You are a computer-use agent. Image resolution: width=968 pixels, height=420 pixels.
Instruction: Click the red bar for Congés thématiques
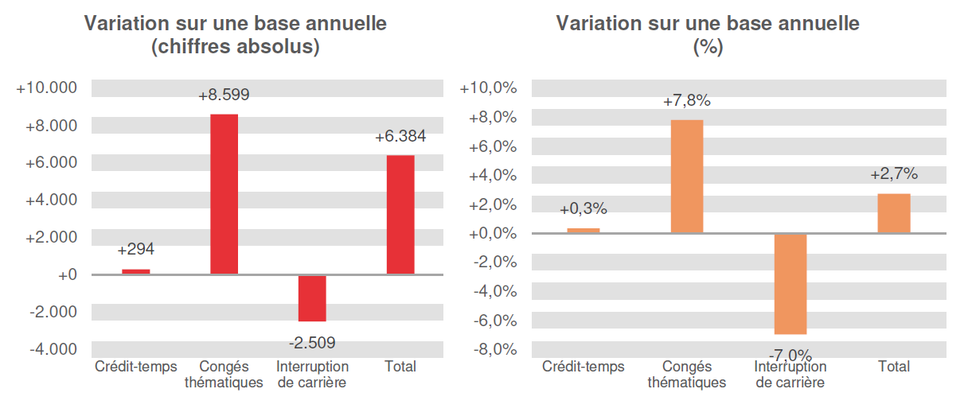[224, 194]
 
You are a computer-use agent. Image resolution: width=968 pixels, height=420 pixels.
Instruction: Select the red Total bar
[400, 214]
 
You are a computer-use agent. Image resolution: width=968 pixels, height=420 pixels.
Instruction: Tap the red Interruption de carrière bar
[312, 298]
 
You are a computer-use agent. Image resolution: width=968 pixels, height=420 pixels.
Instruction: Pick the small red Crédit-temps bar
[135, 271]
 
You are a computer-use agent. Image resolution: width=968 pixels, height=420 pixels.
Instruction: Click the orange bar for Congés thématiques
[687, 176]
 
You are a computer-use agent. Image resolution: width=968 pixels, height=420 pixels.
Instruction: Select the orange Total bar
[894, 213]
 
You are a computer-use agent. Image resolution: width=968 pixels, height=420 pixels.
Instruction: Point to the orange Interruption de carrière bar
[790, 284]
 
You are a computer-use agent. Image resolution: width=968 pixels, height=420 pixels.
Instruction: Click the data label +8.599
[224, 95]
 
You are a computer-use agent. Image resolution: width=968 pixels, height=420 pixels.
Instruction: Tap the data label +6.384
[400, 136]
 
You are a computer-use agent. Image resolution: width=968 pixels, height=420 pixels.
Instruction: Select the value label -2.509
[312, 343]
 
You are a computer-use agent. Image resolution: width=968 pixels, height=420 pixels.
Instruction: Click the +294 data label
[135, 250]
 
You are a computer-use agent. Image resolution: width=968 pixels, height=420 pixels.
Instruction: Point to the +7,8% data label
[687, 101]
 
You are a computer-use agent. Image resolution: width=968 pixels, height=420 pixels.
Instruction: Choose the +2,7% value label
[894, 174]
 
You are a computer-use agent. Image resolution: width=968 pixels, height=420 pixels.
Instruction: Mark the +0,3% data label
[584, 209]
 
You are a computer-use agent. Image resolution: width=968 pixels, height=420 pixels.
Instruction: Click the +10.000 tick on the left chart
[47, 88]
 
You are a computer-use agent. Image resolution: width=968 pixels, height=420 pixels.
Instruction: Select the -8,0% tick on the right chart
[494, 349]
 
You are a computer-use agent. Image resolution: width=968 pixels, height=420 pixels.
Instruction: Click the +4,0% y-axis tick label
[494, 175]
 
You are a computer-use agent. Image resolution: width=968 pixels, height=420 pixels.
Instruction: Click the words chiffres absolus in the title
[236, 47]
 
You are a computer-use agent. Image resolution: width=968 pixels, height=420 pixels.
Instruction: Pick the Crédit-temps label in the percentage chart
[584, 367]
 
